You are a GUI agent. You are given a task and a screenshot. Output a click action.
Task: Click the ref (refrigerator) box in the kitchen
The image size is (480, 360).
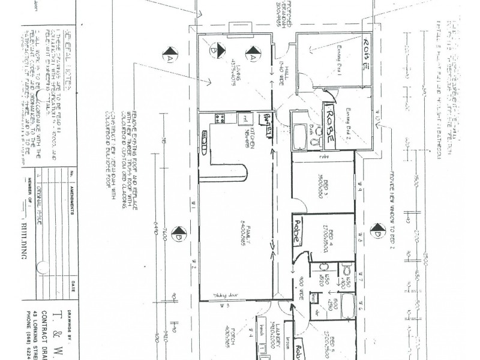pos(244,119)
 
